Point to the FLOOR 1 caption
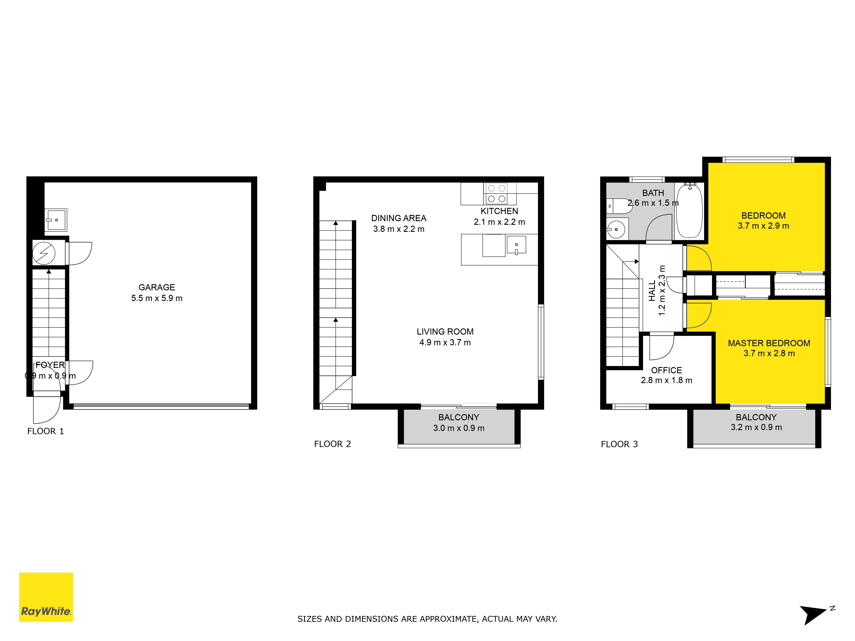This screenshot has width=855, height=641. [x=46, y=431]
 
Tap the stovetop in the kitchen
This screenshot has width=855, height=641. [x=496, y=194]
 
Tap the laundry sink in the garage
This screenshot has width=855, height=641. [x=56, y=220]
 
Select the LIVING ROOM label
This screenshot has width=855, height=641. [x=445, y=332]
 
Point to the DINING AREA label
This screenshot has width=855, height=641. [x=399, y=218]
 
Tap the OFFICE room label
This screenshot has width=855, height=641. [x=666, y=370]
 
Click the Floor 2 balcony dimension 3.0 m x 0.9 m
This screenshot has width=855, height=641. [x=459, y=428]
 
